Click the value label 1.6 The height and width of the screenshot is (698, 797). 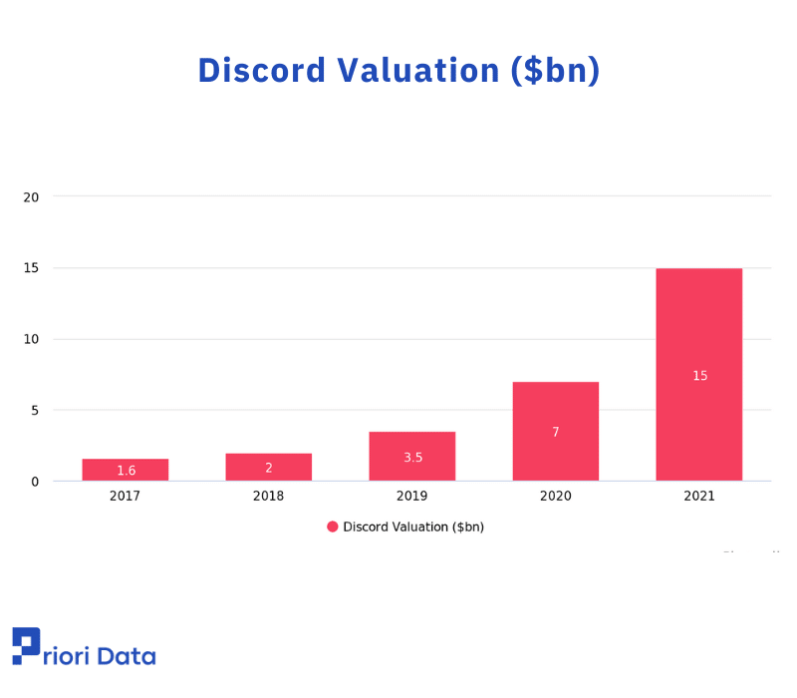coord(126,471)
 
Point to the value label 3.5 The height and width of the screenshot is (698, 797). coord(412,458)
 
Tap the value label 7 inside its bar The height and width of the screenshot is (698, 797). coord(556,432)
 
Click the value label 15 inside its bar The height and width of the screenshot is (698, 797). coord(699,376)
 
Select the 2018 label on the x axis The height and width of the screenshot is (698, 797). coord(269,496)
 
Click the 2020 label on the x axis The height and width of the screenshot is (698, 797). coord(556,496)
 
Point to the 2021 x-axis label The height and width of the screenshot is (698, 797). coord(699,496)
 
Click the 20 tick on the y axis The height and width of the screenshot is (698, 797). coord(31,196)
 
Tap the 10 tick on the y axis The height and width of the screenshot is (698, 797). coord(31,339)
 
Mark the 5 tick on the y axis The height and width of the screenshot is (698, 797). coord(34,410)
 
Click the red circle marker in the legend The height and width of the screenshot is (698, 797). coord(333,526)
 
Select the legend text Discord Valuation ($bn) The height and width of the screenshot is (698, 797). coord(413,526)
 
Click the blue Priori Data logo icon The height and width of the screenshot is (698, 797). coord(26,645)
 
